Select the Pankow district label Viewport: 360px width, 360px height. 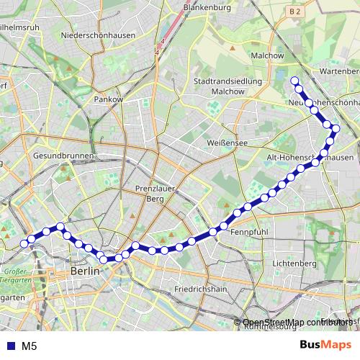(x=109, y=99)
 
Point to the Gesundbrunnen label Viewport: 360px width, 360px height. (x=63, y=156)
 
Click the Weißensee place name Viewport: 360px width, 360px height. (x=227, y=143)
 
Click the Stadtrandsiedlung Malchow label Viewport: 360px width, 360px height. (x=228, y=86)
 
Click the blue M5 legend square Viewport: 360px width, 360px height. (x=9, y=346)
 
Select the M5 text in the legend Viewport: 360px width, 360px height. (x=30, y=346)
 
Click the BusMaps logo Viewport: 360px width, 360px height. (x=325, y=345)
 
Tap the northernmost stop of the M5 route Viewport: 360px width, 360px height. (x=294, y=81)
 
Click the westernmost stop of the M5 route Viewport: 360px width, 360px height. (x=24, y=243)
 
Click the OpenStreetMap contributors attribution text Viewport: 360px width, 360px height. (x=297, y=322)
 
